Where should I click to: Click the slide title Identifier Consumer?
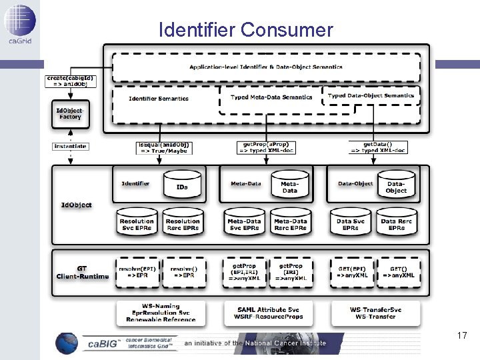click(x=245, y=30)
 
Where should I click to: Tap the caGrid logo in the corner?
click(x=19, y=23)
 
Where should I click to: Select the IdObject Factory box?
click(x=69, y=113)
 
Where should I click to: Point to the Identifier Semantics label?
click(x=159, y=99)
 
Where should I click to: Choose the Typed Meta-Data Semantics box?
click(x=271, y=97)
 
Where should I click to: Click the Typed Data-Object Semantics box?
click(x=371, y=95)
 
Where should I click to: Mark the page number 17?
click(x=462, y=336)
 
